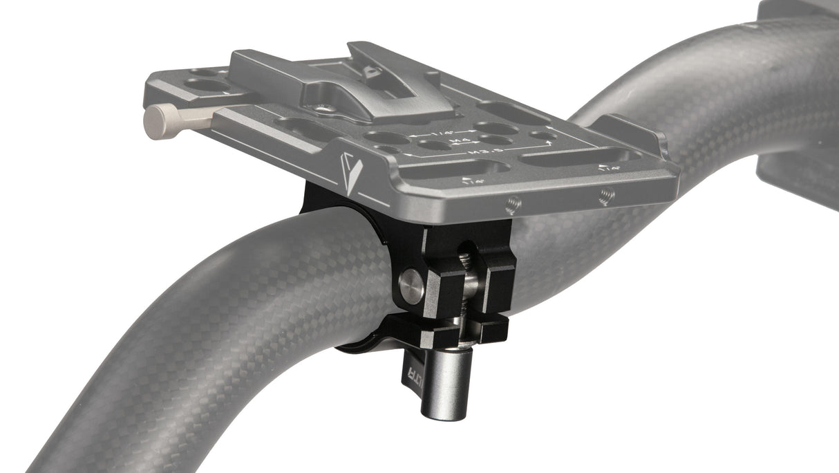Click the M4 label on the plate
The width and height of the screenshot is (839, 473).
click(x=455, y=140)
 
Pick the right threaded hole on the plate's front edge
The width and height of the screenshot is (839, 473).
click(x=606, y=196)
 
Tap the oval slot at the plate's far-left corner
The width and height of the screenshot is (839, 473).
click(x=207, y=85)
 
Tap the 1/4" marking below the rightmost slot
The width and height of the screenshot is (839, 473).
click(x=610, y=169)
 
